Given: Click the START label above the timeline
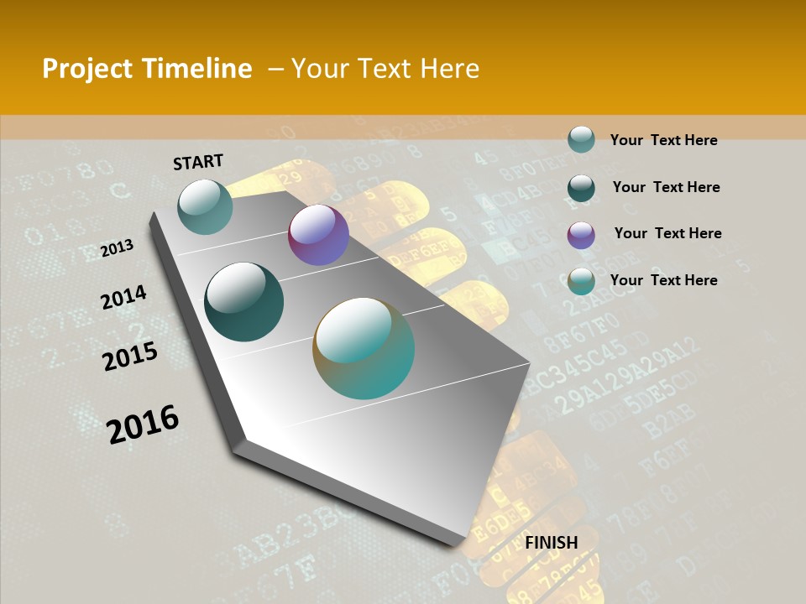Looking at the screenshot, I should [198, 162].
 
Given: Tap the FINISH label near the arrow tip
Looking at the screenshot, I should [552, 543].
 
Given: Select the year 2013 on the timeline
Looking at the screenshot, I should [118, 248].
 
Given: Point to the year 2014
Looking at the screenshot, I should [123, 298].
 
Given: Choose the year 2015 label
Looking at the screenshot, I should [130, 357].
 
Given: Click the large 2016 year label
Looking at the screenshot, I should [143, 424].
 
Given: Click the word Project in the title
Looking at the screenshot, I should [88, 69].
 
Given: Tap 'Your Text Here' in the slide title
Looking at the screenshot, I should [385, 69].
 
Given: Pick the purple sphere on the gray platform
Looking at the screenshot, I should [318, 235].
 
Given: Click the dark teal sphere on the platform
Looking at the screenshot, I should [243, 302].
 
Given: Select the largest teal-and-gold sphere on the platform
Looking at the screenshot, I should [364, 348].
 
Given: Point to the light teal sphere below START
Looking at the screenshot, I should [205, 206].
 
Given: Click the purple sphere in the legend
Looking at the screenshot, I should [581, 235].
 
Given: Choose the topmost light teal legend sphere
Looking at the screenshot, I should [581, 140].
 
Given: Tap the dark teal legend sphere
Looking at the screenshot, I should [581, 188].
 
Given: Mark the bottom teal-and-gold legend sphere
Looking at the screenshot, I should [581, 282].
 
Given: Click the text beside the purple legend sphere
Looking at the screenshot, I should [667, 233].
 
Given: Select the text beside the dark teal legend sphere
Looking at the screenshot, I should [666, 187].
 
